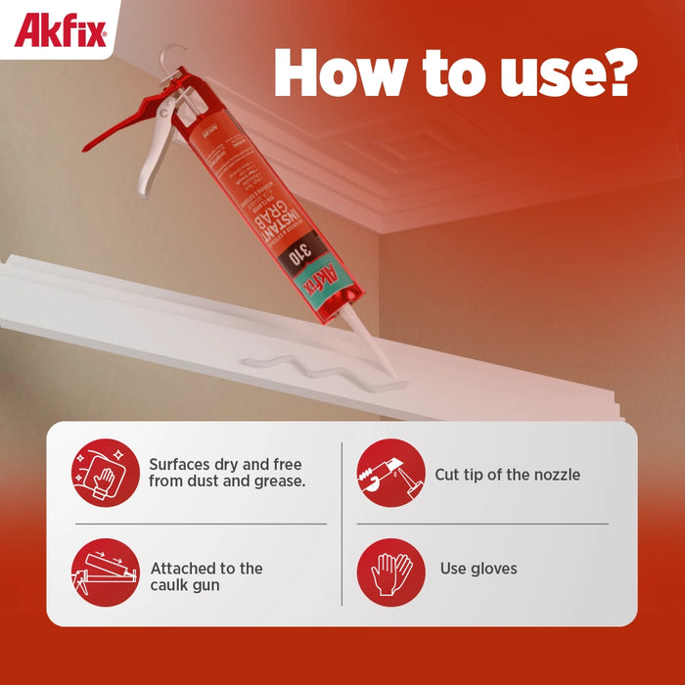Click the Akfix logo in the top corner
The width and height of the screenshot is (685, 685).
click(59, 29)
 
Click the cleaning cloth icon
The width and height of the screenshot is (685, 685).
click(105, 473)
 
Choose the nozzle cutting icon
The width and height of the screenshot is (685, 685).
click(390, 473)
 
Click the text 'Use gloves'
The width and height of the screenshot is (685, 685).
click(479, 569)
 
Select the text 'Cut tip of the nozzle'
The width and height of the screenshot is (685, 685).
click(507, 475)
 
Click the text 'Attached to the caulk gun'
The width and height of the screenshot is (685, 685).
click(206, 576)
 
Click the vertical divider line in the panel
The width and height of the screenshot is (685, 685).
click(342, 524)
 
